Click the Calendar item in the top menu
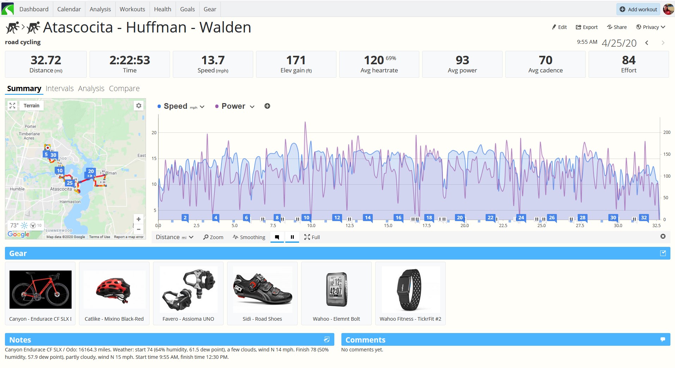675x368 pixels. pyautogui.click(x=69, y=9)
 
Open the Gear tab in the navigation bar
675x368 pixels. pyautogui.click(x=210, y=9)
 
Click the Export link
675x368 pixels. pyautogui.click(x=587, y=27)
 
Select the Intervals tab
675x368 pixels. pyautogui.click(x=60, y=88)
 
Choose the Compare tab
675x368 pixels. pyautogui.click(x=124, y=88)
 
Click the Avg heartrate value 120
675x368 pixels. pyautogui.click(x=374, y=60)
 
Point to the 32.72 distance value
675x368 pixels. pyautogui.click(x=46, y=60)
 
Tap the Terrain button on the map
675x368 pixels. pyautogui.click(x=31, y=106)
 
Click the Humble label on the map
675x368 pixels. pyautogui.click(x=17, y=189)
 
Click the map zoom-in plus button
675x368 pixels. pyautogui.click(x=139, y=219)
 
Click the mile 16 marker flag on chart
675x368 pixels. pyautogui.click(x=399, y=218)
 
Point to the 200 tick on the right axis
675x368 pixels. pyautogui.click(x=667, y=132)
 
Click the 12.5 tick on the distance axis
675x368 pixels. pyautogui.click(x=349, y=225)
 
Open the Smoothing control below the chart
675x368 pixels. pyautogui.click(x=249, y=237)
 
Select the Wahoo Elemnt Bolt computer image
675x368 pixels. pyautogui.click(x=336, y=289)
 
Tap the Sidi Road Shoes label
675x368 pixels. pyautogui.click(x=262, y=319)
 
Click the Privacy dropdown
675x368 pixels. pyautogui.click(x=651, y=27)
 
